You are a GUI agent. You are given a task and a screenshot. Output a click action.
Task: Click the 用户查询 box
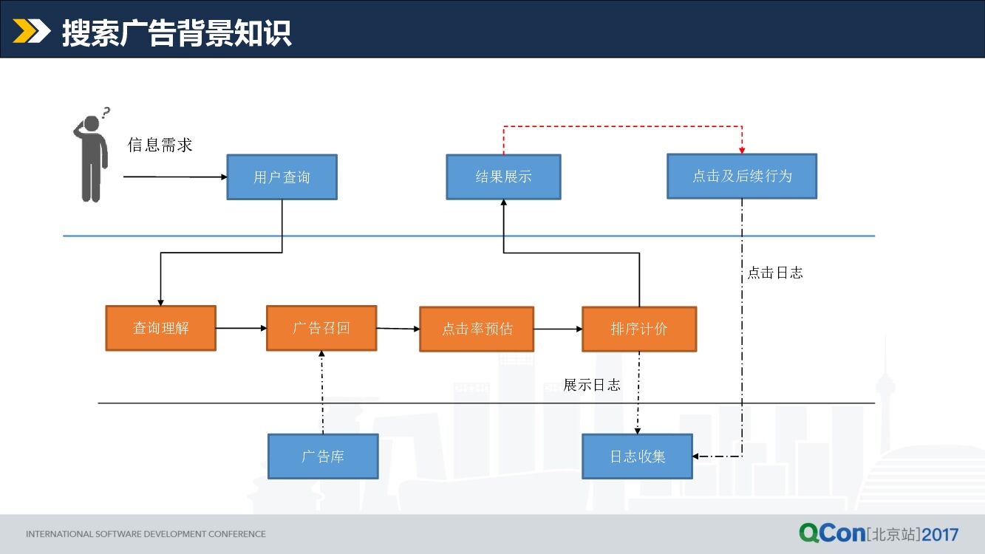pos(282,177)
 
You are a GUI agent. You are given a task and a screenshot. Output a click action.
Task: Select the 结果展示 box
pos(503,177)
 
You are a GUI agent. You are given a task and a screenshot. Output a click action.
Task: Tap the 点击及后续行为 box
pos(742,176)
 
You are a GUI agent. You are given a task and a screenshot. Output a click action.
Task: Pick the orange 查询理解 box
pos(161,328)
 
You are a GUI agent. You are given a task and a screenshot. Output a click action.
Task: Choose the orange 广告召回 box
pos(321,328)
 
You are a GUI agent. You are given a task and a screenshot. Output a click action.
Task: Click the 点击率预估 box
pos(477,329)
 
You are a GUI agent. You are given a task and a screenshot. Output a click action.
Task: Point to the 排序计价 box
pos(639,329)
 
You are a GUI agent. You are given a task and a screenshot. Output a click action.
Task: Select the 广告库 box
pos(323,456)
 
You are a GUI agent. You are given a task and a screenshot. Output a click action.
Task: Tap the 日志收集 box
pos(638,456)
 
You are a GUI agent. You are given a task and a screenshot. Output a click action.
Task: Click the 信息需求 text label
pos(160,145)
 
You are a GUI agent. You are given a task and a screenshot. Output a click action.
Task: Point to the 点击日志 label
pos(774,273)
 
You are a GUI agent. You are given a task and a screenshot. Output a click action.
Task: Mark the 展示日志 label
pos(592,385)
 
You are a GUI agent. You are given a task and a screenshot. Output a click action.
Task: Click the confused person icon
pos(90,159)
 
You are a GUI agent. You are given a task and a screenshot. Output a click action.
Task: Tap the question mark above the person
pos(106,113)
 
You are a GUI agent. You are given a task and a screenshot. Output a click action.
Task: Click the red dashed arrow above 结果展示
pos(622,126)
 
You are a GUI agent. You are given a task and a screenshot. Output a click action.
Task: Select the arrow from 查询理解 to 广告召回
pos(241,328)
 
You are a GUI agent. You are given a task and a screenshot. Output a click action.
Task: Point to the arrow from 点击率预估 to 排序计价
pos(558,329)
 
